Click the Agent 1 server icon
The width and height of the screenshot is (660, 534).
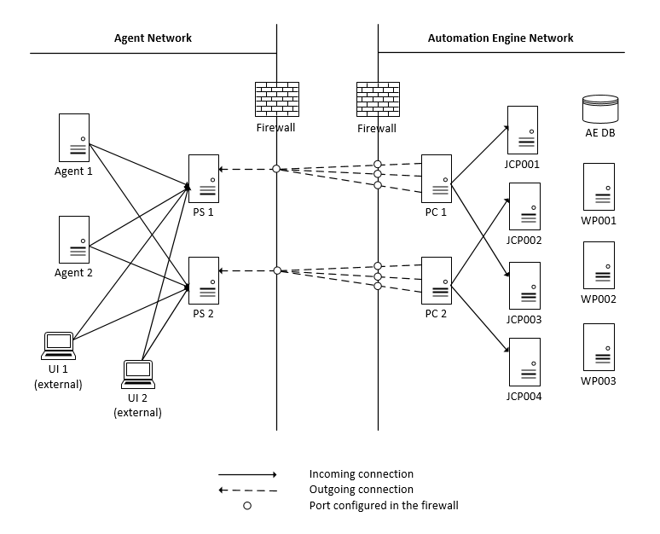(x=73, y=137)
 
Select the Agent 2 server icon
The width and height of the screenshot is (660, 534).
(x=73, y=240)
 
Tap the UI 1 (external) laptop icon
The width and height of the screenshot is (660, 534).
(x=59, y=345)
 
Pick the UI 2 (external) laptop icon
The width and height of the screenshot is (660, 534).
(x=137, y=372)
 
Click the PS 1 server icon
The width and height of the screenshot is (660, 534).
(x=204, y=178)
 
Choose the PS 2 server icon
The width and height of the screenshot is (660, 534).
(x=204, y=280)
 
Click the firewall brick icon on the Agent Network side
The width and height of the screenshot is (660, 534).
(x=276, y=100)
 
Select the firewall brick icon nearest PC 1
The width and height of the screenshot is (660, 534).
(x=377, y=100)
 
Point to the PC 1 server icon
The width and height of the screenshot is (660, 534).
(x=436, y=178)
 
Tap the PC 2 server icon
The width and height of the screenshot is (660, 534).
(x=436, y=280)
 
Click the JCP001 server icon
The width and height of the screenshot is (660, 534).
(x=522, y=130)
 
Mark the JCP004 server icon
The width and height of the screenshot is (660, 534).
(x=522, y=363)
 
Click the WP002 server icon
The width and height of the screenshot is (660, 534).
(x=599, y=266)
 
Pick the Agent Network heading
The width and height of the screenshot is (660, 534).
(x=153, y=38)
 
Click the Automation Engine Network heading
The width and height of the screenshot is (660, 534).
(x=500, y=38)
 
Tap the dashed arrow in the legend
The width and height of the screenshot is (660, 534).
(x=247, y=490)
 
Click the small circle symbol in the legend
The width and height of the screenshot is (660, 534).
(x=247, y=506)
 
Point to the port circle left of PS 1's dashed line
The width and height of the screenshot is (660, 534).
(x=276, y=169)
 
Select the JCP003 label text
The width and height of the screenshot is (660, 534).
(x=524, y=320)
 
